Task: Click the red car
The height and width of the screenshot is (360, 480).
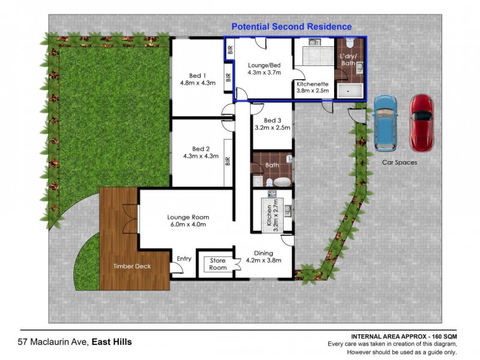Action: click(x=421, y=122)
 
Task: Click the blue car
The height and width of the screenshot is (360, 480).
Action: click(x=385, y=122)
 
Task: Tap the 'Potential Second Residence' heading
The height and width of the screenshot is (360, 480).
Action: click(x=292, y=27)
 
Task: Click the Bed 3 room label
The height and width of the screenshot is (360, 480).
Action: click(x=272, y=121)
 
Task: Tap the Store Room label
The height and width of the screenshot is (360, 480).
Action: click(x=218, y=264)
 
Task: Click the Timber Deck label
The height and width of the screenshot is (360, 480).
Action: click(x=133, y=266)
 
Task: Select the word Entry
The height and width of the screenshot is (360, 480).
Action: click(x=184, y=259)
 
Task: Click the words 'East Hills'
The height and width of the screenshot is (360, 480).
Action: click(x=112, y=343)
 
